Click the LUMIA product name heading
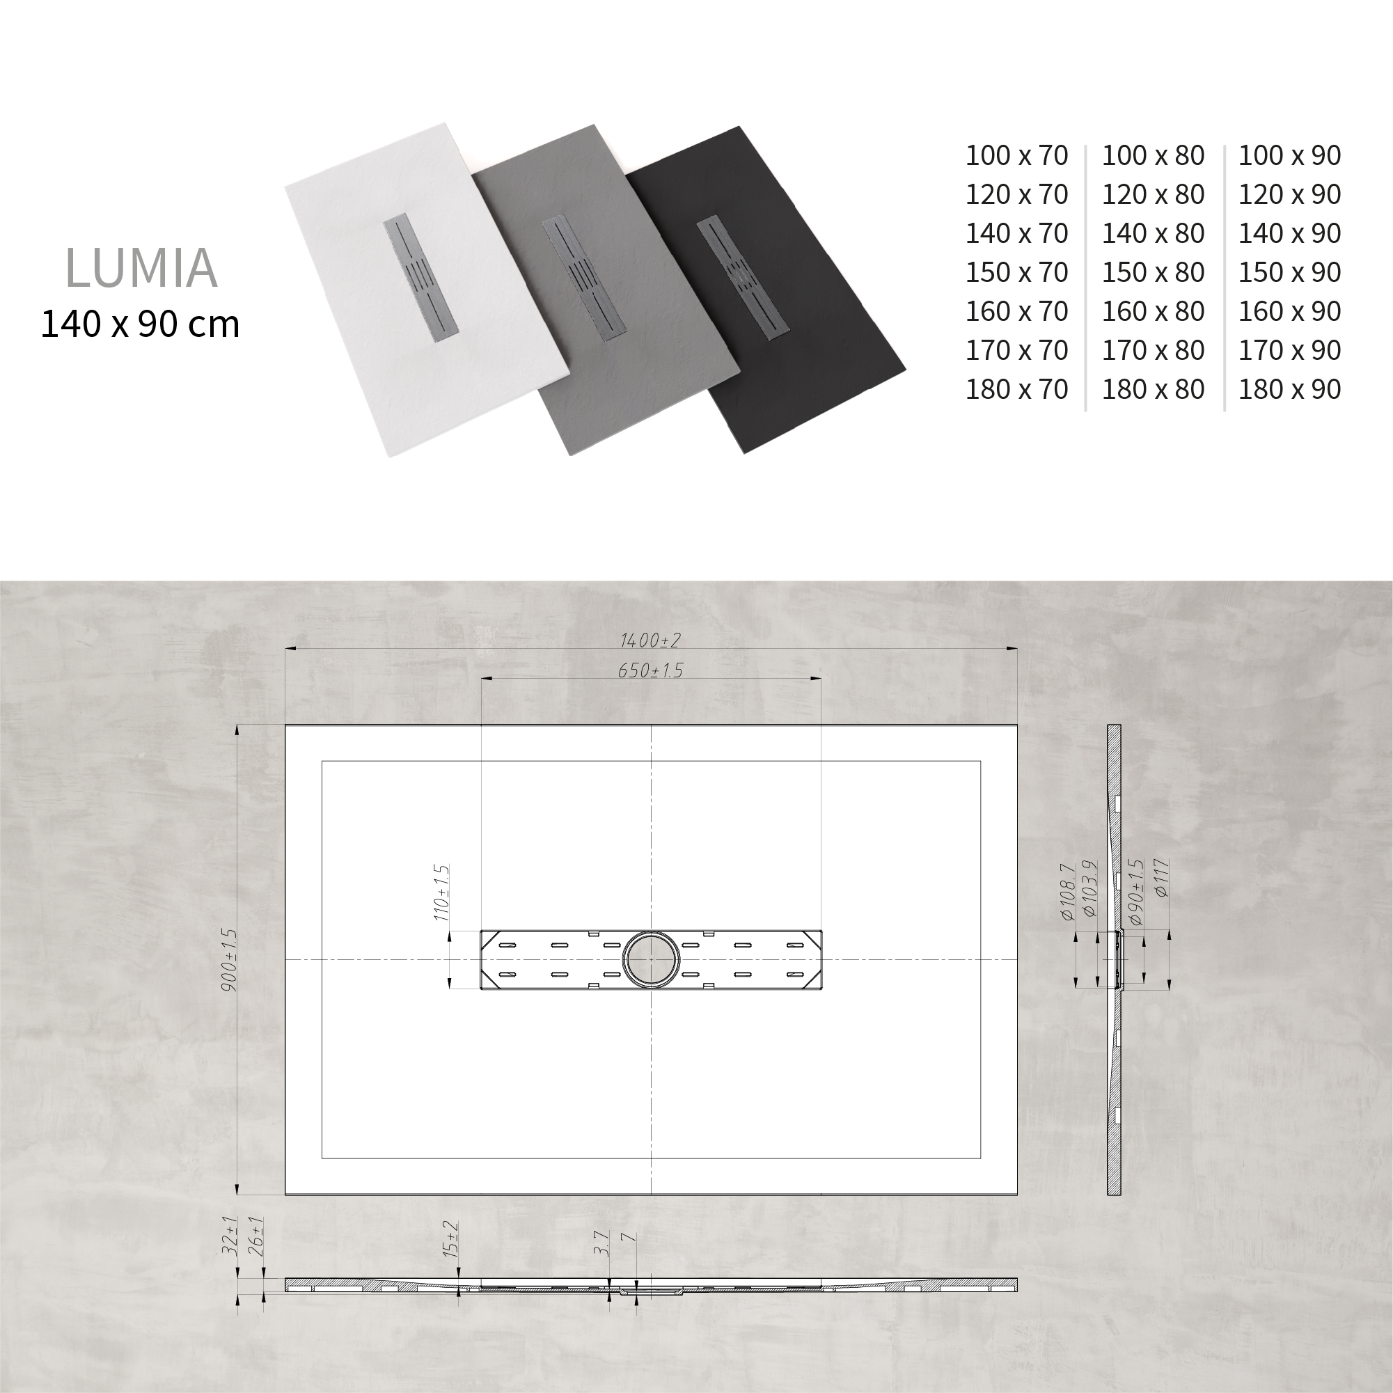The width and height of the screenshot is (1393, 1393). [141, 268]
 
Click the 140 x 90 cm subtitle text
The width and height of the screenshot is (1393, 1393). [140, 324]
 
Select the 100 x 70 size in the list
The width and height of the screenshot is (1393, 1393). [1016, 156]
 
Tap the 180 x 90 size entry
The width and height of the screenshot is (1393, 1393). [1289, 389]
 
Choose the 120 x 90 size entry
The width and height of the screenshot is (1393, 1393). [1289, 195]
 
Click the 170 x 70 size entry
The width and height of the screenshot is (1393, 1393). [1016, 350]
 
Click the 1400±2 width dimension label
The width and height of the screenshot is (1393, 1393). [650, 640]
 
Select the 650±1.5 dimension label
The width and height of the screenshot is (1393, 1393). [650, 670]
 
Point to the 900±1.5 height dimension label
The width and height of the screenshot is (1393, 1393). [230, 960]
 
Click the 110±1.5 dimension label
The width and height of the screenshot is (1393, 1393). [441, 893]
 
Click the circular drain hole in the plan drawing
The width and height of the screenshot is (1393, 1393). [651, 960]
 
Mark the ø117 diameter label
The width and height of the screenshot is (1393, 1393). [1161, 877]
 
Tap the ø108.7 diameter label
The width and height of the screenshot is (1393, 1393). [1069, 892]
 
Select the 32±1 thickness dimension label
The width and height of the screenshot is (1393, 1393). [230, 1235]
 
